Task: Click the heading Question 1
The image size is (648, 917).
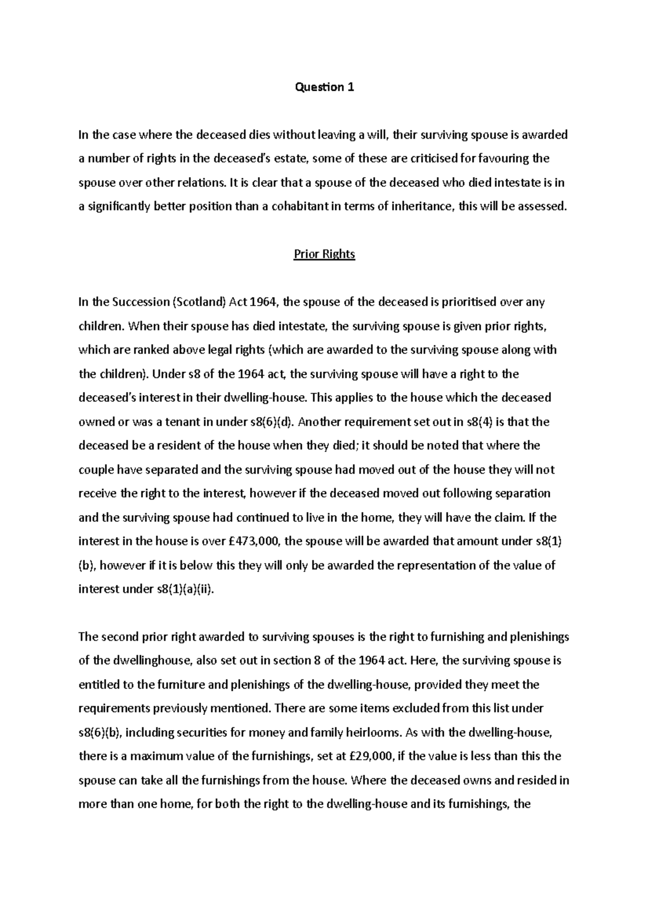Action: [324, 87]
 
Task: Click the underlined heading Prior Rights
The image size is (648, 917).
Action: [324, 254]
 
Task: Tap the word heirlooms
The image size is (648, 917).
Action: [374, 732]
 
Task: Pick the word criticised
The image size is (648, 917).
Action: [421, 159]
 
